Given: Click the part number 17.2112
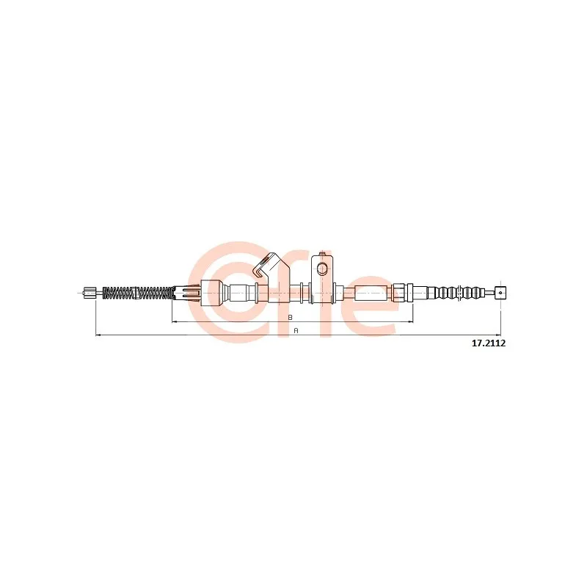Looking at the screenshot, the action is [489, 343].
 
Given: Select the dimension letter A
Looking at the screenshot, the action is [296, 331].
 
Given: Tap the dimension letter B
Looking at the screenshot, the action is [290, 317].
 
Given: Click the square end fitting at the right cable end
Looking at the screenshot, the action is [500, 293].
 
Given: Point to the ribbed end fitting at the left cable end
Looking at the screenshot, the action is [89, 293].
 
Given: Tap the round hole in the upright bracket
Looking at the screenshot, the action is [322, 269].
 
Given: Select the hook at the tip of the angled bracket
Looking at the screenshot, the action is [258, 272].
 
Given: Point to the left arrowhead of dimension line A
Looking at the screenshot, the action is [98, 335].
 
